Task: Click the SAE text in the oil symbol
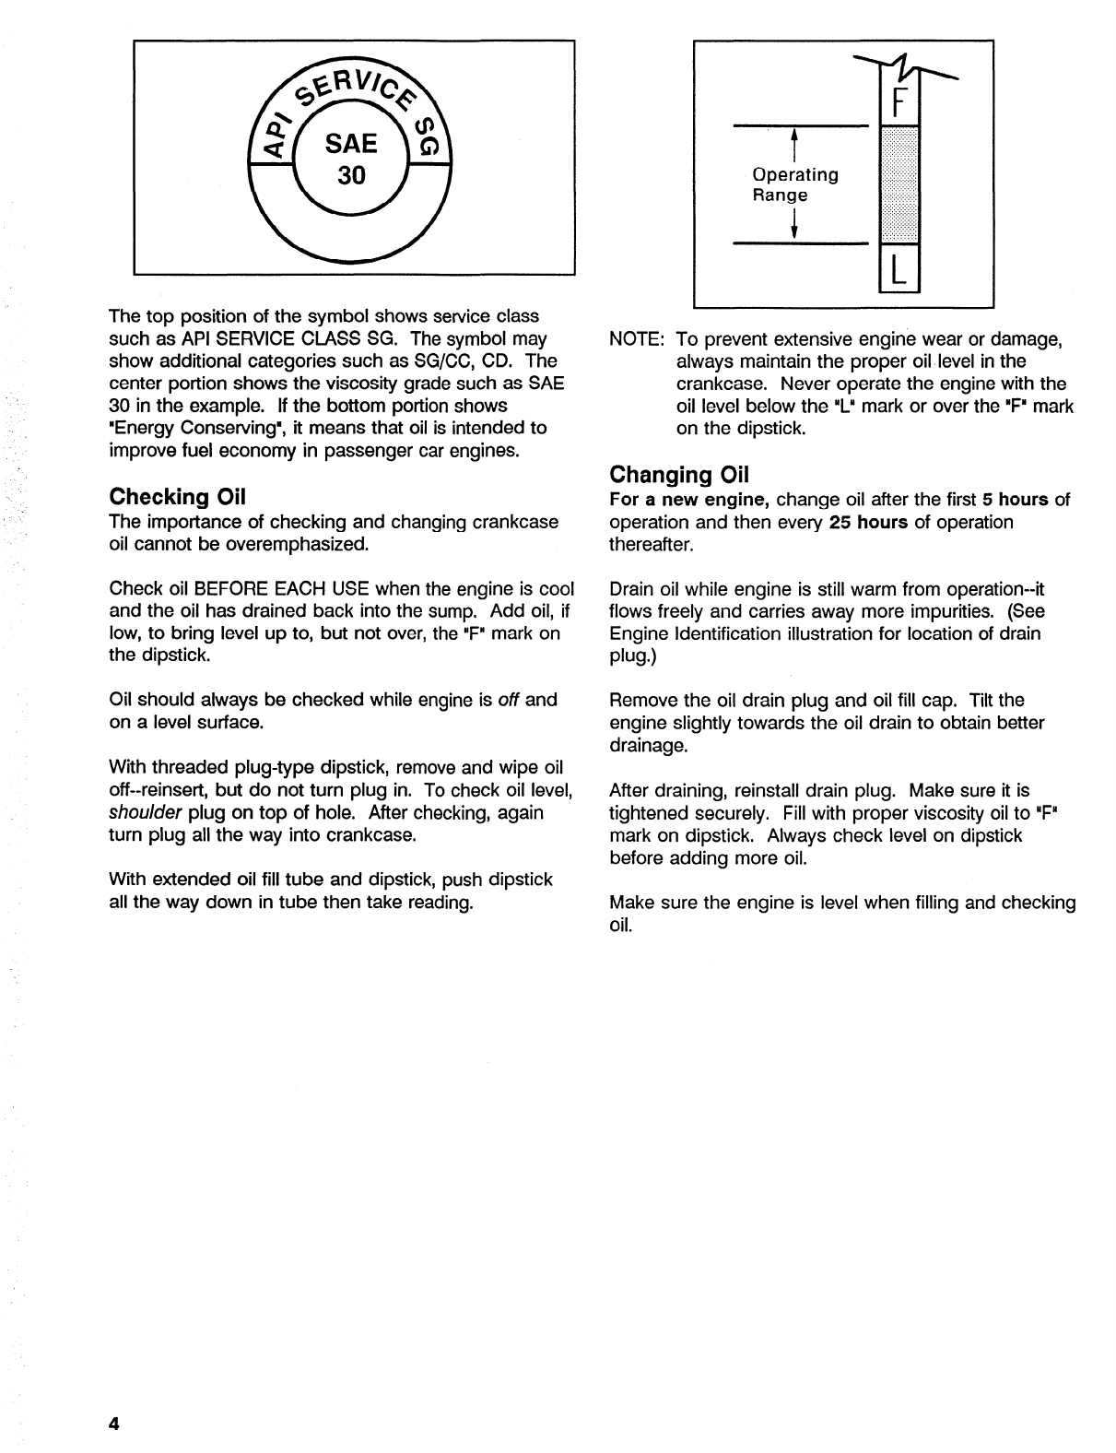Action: (x=351, y=143)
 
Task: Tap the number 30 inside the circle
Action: (x=351, y=175)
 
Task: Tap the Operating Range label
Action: (x=794, y=184)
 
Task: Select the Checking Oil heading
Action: (x=177, y=497)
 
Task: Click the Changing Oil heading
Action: (x=679, y=475)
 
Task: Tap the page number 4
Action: (x=114, y=1423)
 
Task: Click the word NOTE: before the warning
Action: (x=637, y=339)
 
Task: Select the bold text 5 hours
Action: (x=1016, y=500)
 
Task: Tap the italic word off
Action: (x=509, y=700)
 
